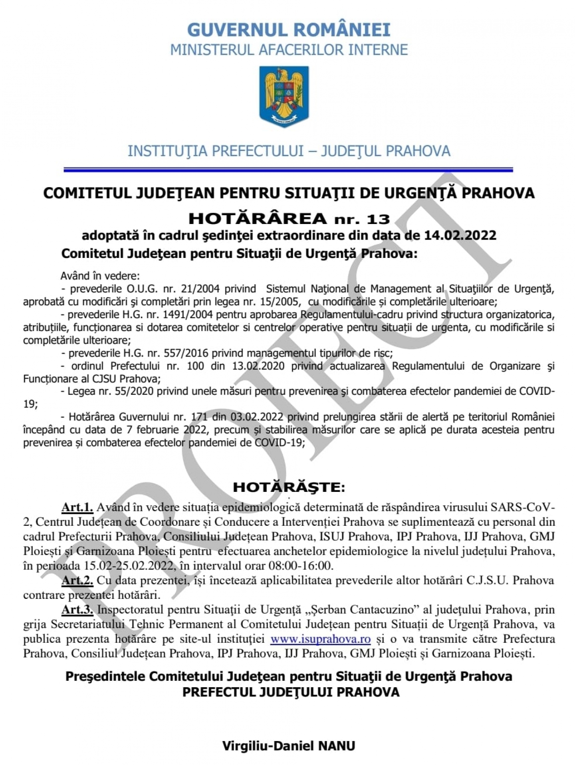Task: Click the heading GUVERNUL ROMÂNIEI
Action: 288,30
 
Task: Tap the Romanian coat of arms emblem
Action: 284,96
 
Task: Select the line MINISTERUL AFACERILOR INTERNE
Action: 289,50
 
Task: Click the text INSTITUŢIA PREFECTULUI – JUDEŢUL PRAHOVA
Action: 289,151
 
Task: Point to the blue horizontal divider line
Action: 288,170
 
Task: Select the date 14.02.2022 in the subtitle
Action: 460,235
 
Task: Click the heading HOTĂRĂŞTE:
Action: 289,487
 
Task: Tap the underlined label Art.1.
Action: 77,507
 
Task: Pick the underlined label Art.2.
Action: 77,580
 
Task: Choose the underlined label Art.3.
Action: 77,610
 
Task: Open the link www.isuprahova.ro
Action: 320,639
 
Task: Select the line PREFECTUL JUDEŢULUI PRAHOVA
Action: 291,692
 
